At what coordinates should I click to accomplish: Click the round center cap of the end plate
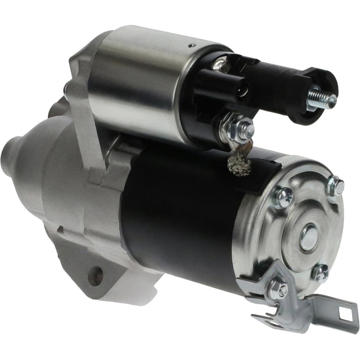309,238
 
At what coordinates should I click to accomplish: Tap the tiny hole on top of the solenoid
192,45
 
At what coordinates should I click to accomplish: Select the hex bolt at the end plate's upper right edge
335,187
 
